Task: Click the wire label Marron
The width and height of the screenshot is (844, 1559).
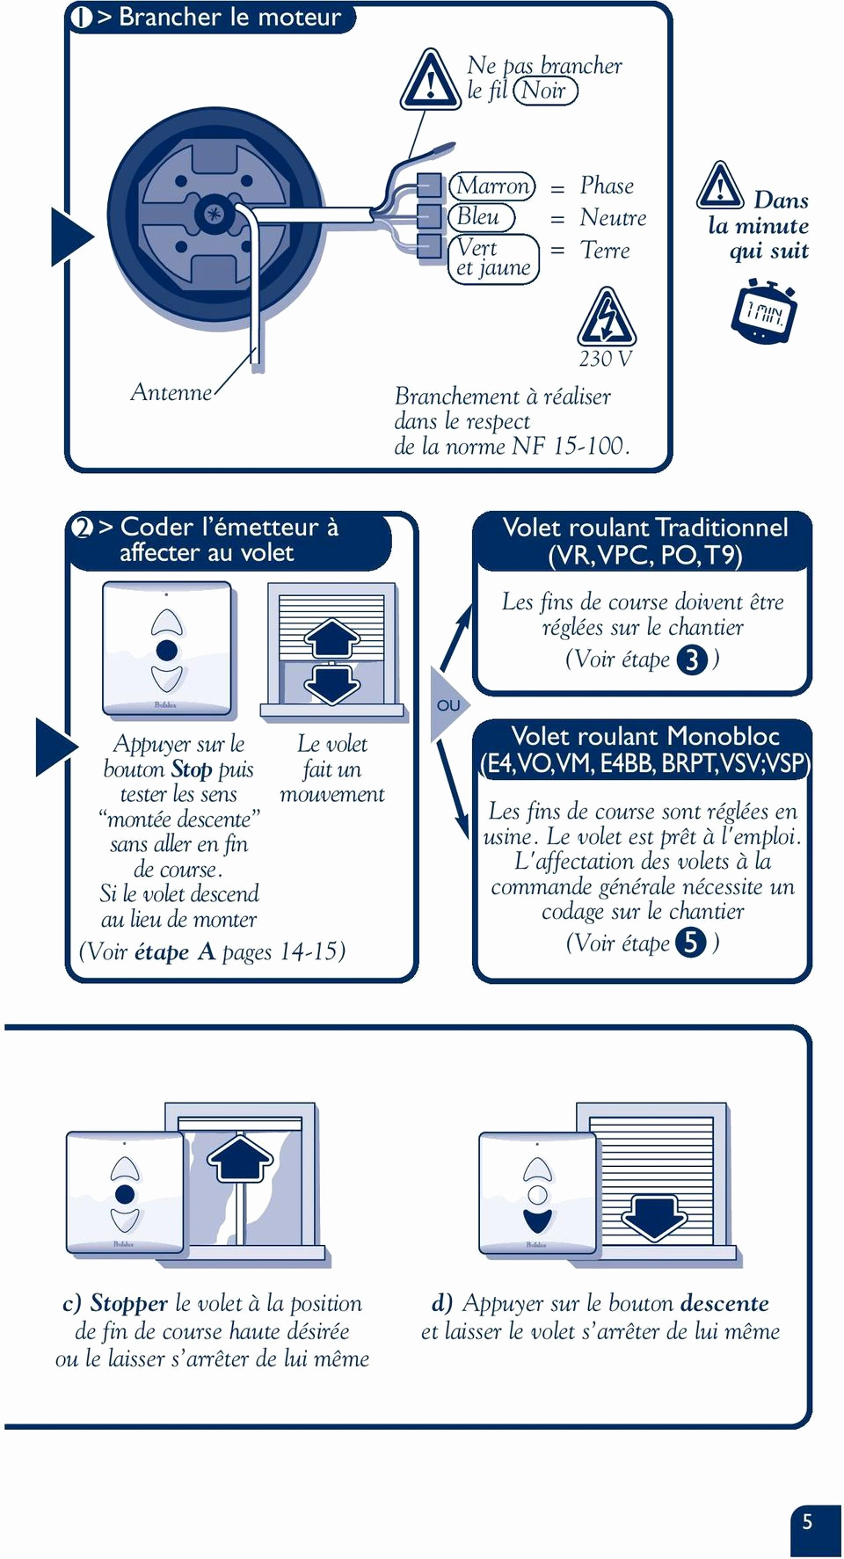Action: [x=492, y=186]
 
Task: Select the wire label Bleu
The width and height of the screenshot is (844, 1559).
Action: [x=479, y=216]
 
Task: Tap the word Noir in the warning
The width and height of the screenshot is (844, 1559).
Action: [x=544, y=91]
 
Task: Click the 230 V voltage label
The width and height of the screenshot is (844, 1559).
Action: [x=605, y=359]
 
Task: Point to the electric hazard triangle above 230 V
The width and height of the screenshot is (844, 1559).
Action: [x=606, y=318]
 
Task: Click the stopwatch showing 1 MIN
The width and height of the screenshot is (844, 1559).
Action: [x=763, y=311]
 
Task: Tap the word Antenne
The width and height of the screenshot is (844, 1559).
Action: [x=171, y=392]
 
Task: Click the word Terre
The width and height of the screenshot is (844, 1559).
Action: [x=605, y=251]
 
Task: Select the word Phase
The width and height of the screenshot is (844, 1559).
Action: [x=607, y=186]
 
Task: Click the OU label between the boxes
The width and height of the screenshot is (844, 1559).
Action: [x=448, y=705]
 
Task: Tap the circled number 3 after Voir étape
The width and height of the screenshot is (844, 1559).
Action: [x=692, y=659]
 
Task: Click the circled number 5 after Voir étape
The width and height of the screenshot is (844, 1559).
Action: [x=691, y=943]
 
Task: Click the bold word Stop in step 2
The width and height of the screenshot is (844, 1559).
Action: [x=192, y=769]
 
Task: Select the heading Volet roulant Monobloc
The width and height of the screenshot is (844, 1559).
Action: [x=644, y=736]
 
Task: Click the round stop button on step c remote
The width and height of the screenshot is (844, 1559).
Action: [x=125, y=1194]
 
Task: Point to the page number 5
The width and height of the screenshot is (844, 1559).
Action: [x=807, y=1522]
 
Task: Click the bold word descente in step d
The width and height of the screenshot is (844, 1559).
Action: [x=724, y=1303]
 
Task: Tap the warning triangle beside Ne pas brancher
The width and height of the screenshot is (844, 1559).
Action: [x=430, y=81]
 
